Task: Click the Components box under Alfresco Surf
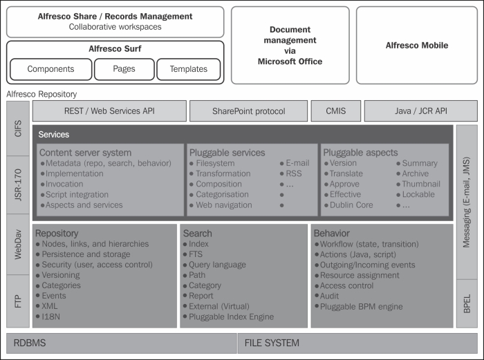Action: coord(51,69)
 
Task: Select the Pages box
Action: coord(124,69)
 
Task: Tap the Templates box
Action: coord(189,69)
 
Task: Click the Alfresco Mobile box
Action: coord(417,46)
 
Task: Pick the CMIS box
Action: coord(336,111)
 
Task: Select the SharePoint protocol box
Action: coord(248,111)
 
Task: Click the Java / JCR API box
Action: coord(420,111)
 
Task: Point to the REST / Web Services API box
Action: coord(109,111)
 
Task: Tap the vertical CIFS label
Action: coord(18,129)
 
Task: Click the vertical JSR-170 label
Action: coord(18,184)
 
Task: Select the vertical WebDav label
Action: coord(18,245)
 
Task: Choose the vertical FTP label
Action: coord(18,301)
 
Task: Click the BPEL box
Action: coord(467,303)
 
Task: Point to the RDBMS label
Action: coord(30,343)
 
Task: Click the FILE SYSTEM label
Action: coord(272,343)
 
